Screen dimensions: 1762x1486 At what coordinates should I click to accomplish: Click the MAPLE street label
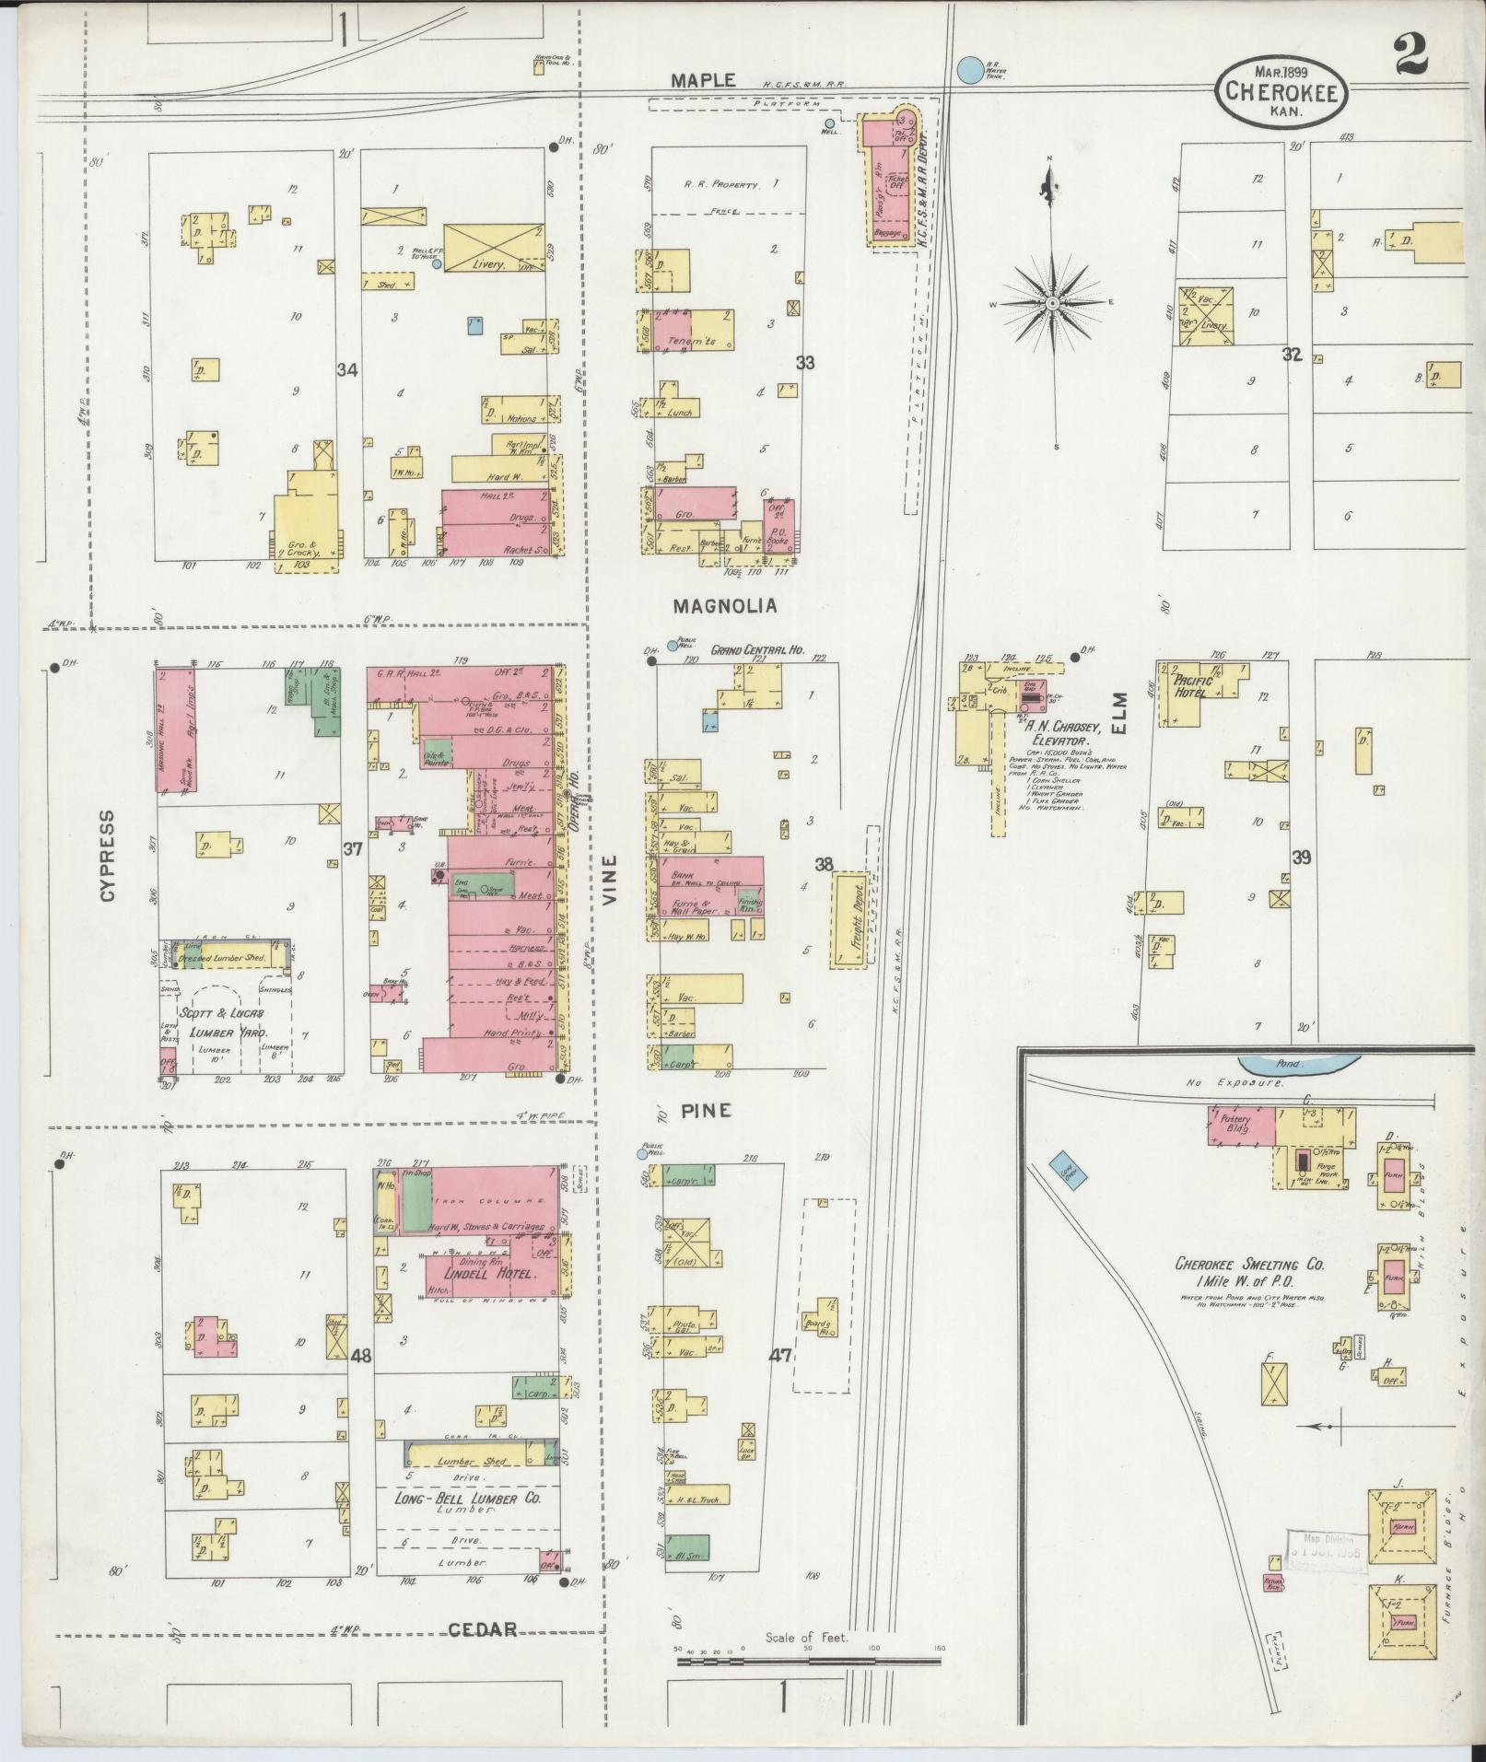(702, 80)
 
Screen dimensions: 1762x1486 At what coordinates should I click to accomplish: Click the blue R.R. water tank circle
(969, 69)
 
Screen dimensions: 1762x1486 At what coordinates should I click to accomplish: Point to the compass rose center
(1051, 302)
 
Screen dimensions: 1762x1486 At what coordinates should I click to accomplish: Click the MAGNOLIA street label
(724, 606)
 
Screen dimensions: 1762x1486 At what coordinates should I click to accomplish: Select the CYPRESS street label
(109, 856)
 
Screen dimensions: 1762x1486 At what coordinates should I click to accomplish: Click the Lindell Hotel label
(491, 1274)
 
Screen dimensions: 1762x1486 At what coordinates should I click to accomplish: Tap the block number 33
(805, 363)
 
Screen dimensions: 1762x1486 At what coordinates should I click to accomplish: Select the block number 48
(360, 1356)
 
